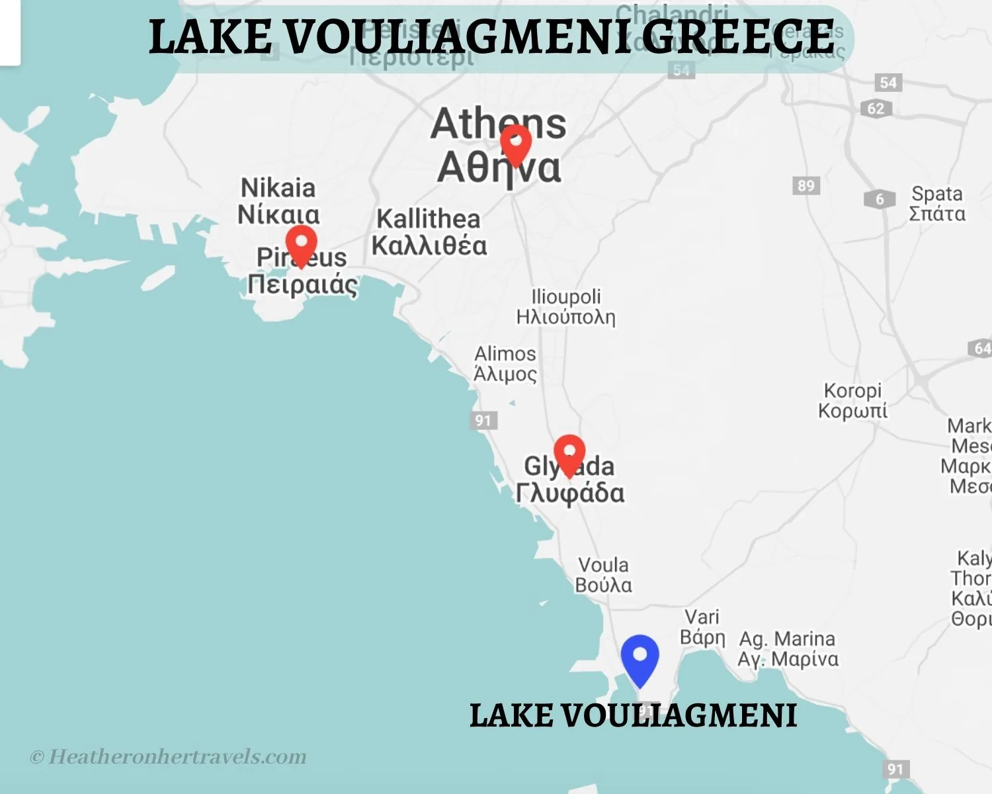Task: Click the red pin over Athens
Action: pyautogui.click(x=515, y=143)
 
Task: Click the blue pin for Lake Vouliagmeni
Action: pyautogui.click(x=640, y=658)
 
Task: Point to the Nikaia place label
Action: pyautogui.click(x=278, y=201)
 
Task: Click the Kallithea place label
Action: pyautogui.click(x=429, y=232)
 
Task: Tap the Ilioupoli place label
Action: pyautogui.click(x=565, y=306)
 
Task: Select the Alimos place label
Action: pyautogui.click(x=505, y=364)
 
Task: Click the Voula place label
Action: pyautogui.click(x=603, y=575)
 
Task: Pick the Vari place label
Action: pyautogui.click(x=702, y=627)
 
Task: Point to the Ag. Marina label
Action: pyautogui.click(x=788, y=649)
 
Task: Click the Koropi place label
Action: pyautogui.click(x=852, y=400)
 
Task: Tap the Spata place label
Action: pyautogui.click(x=936, y=204)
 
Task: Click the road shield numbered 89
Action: pyautogui.click(x=806, y=185)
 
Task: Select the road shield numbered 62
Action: pyautogui.click(x=876, y=109)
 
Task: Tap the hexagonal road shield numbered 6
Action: pyautogui.click(x=879, y=198)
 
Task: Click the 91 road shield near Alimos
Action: pyautogui.click(x=483, y=420)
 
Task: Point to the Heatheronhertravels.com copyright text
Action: pyautogui.click(x=169, y=756)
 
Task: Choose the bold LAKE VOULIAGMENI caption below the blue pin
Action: pyautogui.click(x=633, y=715)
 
